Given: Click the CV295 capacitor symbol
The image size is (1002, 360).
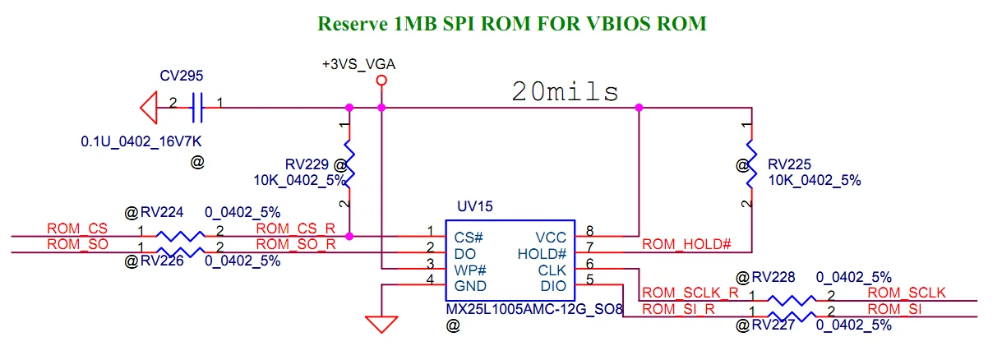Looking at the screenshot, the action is [x=197, y=108].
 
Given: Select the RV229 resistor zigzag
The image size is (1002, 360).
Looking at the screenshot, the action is [x=349, y=164].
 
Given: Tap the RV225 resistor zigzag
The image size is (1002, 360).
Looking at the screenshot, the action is [x=752, y=164].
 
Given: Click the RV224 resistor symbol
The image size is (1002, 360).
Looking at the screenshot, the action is [x=180, y=236].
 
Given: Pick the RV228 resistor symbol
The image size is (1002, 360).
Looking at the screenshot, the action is [x=792, y=301].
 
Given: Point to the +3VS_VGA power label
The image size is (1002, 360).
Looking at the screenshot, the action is [x=358, y=64].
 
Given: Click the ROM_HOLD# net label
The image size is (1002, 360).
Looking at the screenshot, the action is [x=686, y=244].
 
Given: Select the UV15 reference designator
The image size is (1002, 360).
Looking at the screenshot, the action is [x=474, y=206].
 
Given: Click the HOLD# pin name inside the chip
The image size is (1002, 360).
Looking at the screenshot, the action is [x=542, y=254].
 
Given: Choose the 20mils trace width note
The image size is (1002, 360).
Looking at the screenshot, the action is [x=565, y=92].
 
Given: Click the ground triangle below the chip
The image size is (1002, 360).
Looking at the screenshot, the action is [x=381, y=324].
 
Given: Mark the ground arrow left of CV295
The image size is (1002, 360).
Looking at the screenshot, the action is [x=149, y=108].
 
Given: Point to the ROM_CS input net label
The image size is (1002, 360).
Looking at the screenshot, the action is [x=77, y=228].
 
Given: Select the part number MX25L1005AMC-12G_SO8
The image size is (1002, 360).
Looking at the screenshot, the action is [x=534, y=309].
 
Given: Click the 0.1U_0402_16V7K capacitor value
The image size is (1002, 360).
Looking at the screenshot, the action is [x=141, y=141].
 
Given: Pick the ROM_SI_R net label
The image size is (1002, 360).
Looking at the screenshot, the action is [x=678, y=309].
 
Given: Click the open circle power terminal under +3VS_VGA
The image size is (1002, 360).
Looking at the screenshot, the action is [x=381, y=81].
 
